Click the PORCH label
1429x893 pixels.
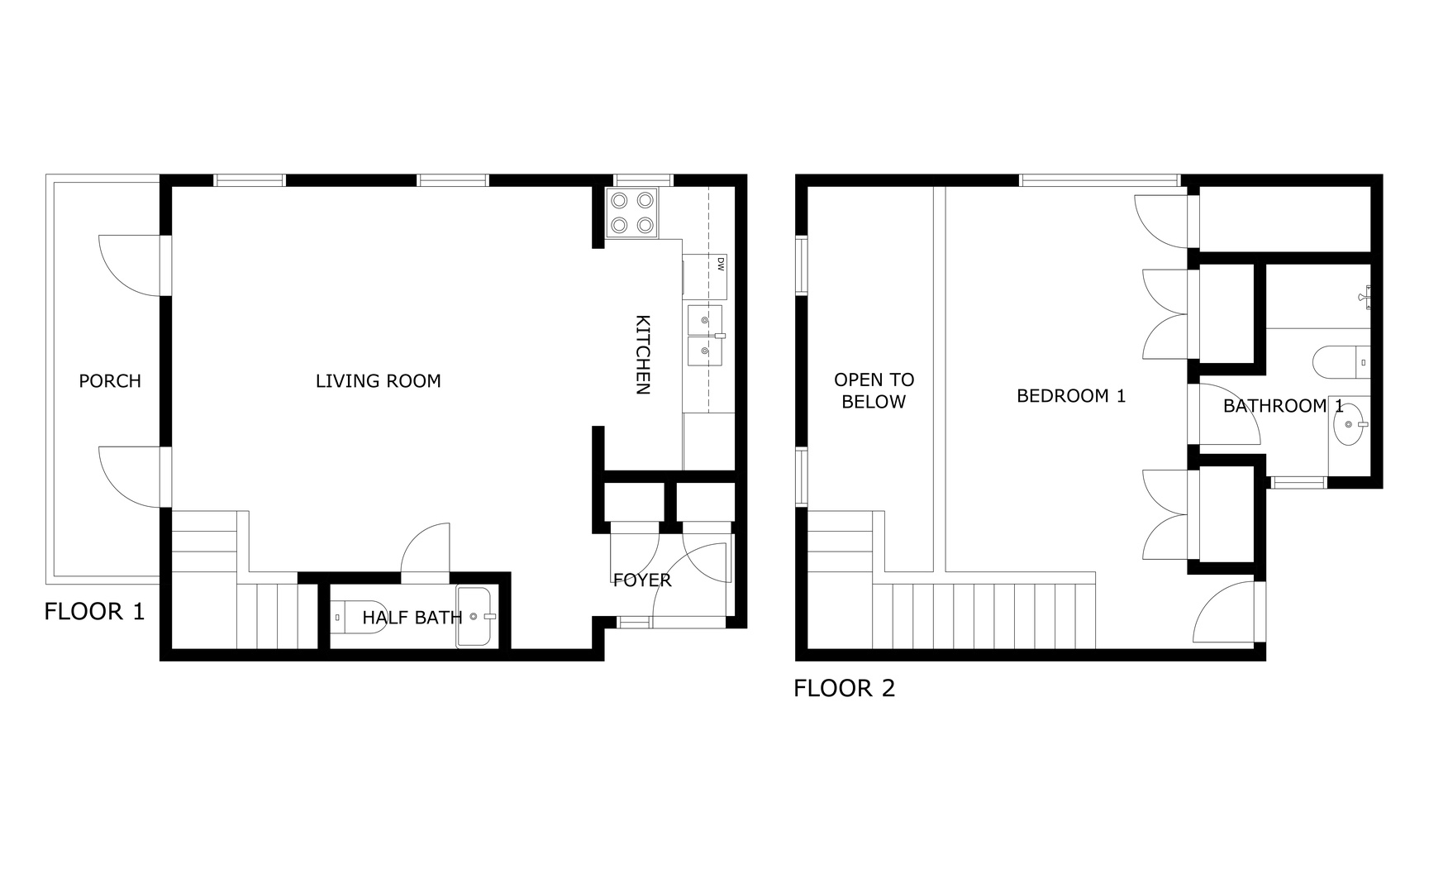click(x=110, y=381)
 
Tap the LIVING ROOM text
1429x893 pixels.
click(x=378, y=381)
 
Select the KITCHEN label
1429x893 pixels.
click(x=643, y=355)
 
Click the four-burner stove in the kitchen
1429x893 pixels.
click(x=632, y=213)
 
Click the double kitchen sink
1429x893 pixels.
click(x=704, y=335)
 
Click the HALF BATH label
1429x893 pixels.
click(x=412, y=618)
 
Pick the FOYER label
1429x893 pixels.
click(x=642, y=580)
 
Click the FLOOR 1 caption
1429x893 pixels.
click(x=94, y=612)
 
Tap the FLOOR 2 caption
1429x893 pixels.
click(x=844, y=688)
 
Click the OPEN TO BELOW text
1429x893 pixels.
click(x=874, y=390)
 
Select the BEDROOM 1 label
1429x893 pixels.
click(x=1070, y=396)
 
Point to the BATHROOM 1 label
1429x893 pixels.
click(x=1283, y=406)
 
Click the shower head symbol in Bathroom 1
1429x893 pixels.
click(x=1365, y=295)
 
